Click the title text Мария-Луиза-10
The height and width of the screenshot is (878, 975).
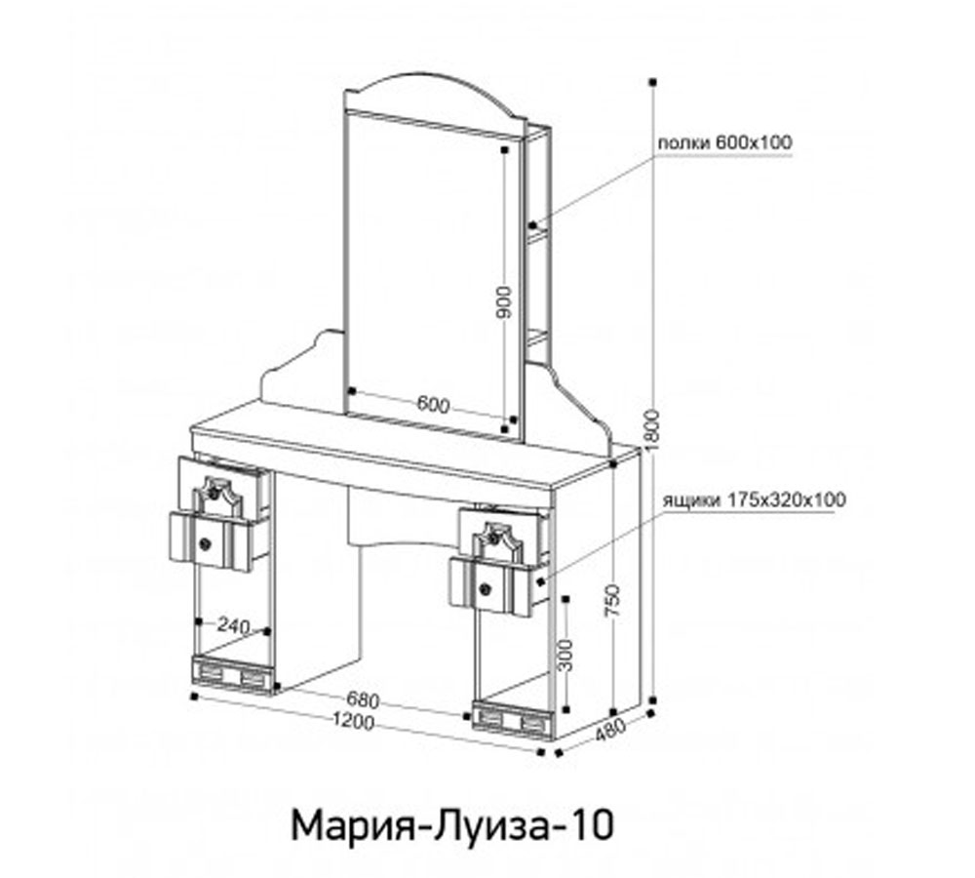(x=451, y=825)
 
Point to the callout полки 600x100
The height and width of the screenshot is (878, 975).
(x=724, y=143)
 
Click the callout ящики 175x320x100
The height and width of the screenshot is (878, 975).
(x=754, y=499)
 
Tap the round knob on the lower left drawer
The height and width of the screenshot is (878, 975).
(x=205, y=543)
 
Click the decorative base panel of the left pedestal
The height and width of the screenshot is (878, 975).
(x=232, y=675)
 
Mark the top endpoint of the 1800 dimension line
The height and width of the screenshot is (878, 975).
(x=653, y=83)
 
